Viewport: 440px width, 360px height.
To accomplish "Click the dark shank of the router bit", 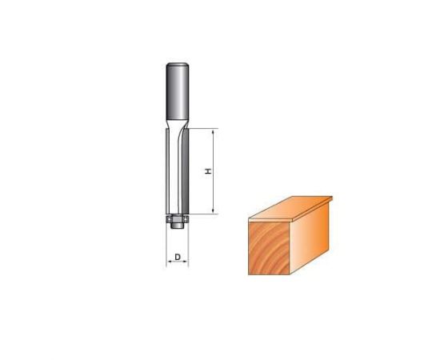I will point(176,88).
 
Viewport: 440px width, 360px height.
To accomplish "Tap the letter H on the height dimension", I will point(207,170).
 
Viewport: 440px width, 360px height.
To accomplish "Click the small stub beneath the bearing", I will point(176,225).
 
